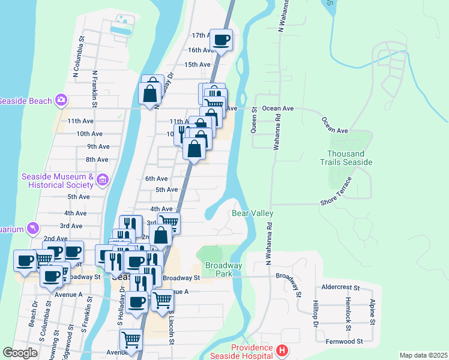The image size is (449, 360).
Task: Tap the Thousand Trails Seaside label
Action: (349, 158)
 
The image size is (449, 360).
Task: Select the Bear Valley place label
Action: (253, 213)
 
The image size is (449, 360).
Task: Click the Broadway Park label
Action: (223, 269)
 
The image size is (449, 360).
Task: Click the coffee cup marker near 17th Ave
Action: (221, 40)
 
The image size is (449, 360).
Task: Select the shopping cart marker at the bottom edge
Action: (131, 340)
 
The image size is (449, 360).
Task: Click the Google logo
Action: (20, 353)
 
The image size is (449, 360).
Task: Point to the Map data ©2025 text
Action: (423, 355)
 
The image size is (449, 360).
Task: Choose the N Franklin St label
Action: (95, 89)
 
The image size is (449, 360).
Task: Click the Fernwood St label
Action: (343, 341)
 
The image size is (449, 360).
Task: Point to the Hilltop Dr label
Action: (315, 314)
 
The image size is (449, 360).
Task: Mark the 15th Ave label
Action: (197, 64)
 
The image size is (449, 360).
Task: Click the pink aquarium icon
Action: (33, 229)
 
